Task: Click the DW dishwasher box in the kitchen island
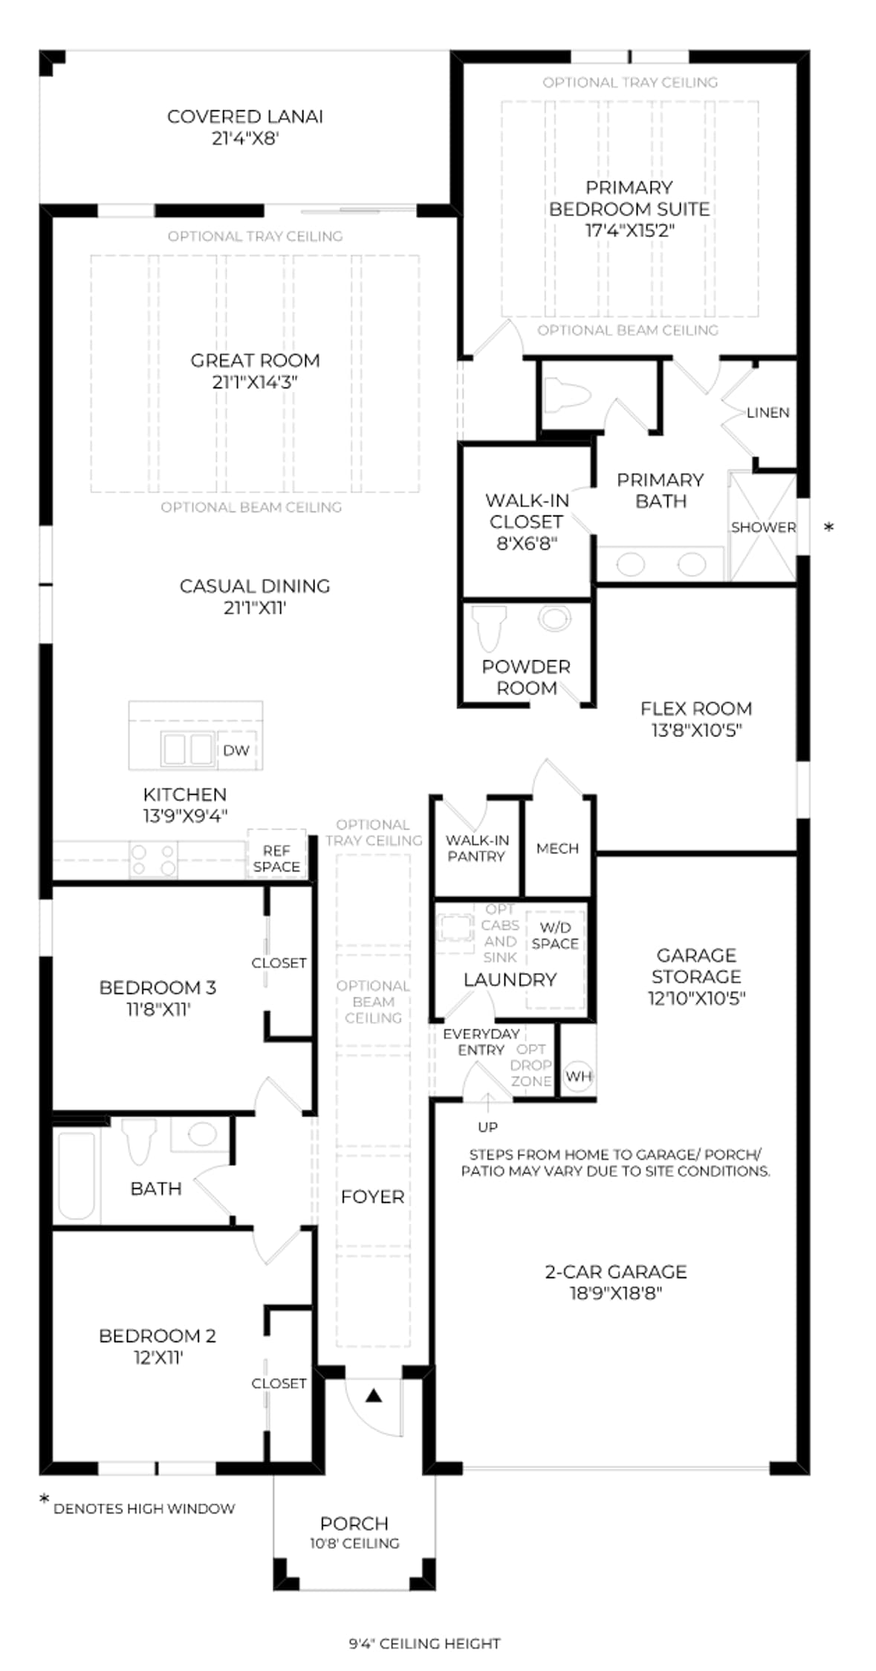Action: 236,749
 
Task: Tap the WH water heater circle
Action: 578,1075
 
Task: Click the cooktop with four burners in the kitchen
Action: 154,860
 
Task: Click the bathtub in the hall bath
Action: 77,1176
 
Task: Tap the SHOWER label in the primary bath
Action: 763,527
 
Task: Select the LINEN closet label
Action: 768,412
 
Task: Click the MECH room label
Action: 557,848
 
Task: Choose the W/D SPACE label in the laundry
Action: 555,935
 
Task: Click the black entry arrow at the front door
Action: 374,1396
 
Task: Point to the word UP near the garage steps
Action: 487,1127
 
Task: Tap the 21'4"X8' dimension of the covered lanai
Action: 244,138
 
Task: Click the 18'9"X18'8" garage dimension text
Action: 615,1293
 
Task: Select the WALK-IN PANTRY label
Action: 477,848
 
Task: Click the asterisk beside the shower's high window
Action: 829,527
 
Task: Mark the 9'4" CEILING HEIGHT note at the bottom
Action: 425,1644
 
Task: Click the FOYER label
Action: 372,1196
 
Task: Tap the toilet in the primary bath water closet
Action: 568,394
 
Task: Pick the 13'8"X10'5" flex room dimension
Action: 696,730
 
